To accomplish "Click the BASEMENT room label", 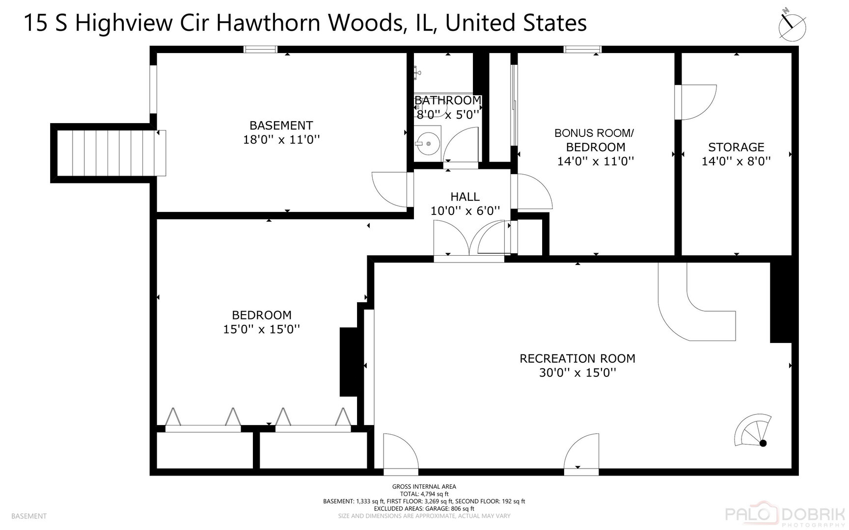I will [x=281, y=126].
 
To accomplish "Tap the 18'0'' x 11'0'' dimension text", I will [x=281, y=140].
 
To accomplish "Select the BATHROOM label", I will [x=448, y=101].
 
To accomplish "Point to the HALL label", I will [x=465, y=197].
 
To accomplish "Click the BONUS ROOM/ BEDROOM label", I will [x=595, y=140].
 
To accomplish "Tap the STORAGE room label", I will [x=736, y=147].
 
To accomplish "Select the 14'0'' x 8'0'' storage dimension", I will [x=736, y=161].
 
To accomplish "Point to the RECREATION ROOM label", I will [x=577, y=359].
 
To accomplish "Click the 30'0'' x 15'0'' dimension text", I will [x=577, y=373].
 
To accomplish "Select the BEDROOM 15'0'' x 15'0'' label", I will [x=261, y=322].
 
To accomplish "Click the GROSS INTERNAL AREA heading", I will [x=424, y=487].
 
